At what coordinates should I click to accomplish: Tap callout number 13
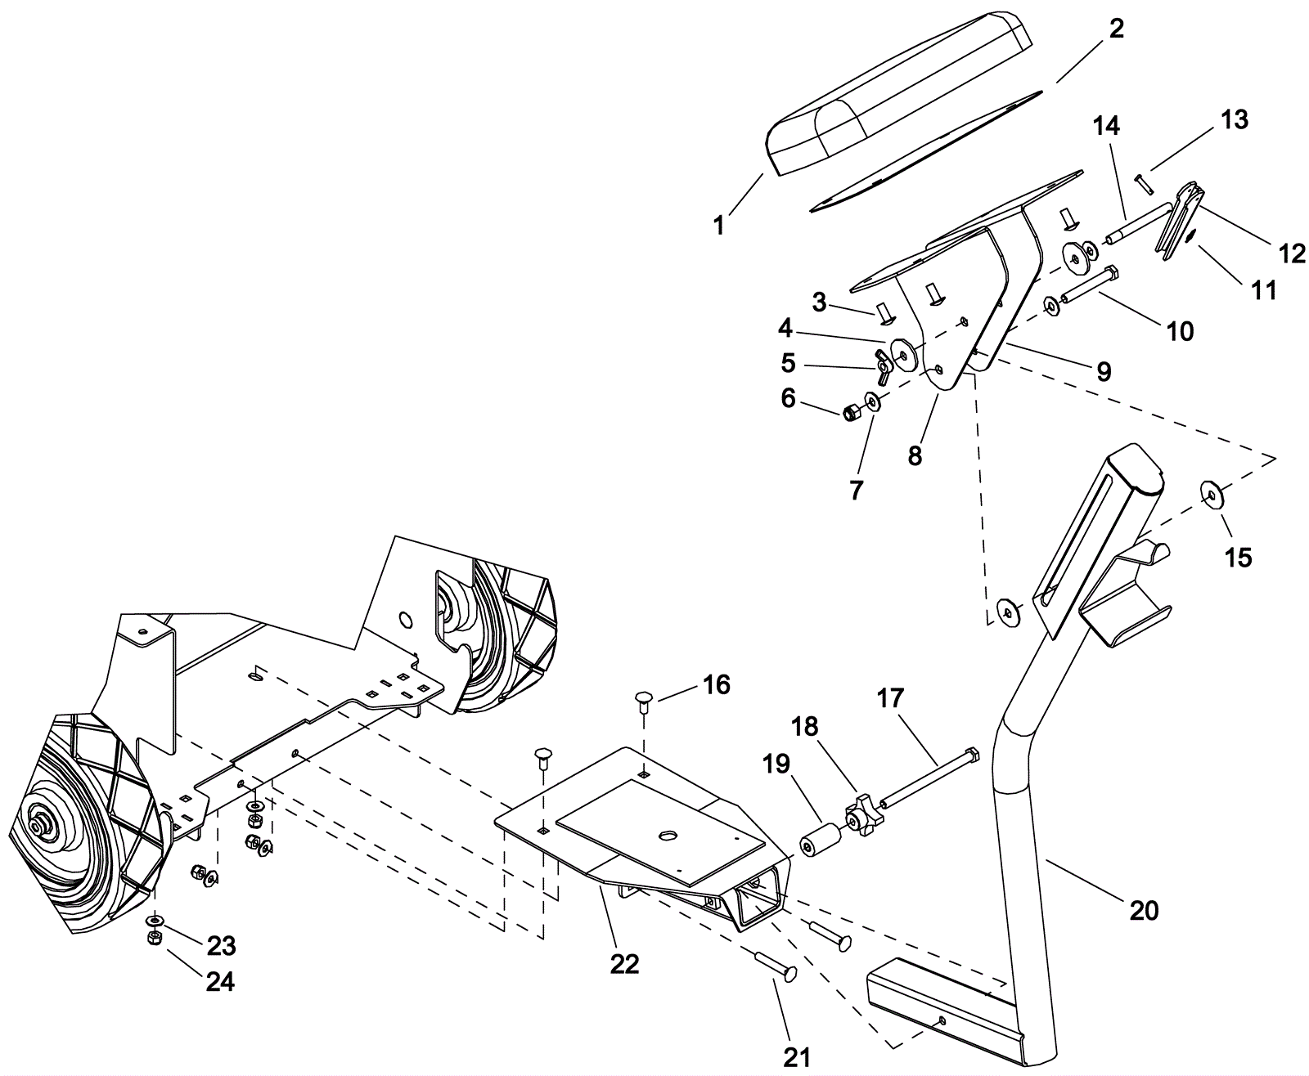[x=1235, y=119]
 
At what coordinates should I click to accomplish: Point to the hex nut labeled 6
[x=851, y=411]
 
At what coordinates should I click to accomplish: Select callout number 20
[x=1144, y=908]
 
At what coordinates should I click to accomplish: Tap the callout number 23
[x=221, y=945]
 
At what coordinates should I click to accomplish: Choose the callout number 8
[x=915, y=455]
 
